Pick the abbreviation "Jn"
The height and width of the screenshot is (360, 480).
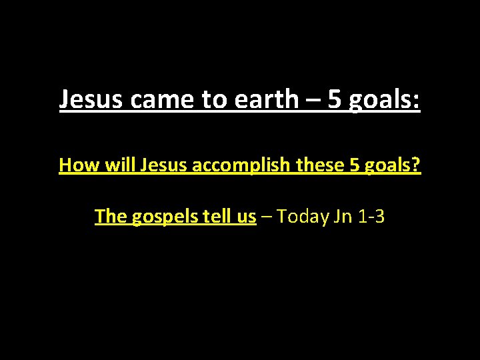(344, 216)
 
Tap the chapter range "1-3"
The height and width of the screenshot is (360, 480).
(372, 216)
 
